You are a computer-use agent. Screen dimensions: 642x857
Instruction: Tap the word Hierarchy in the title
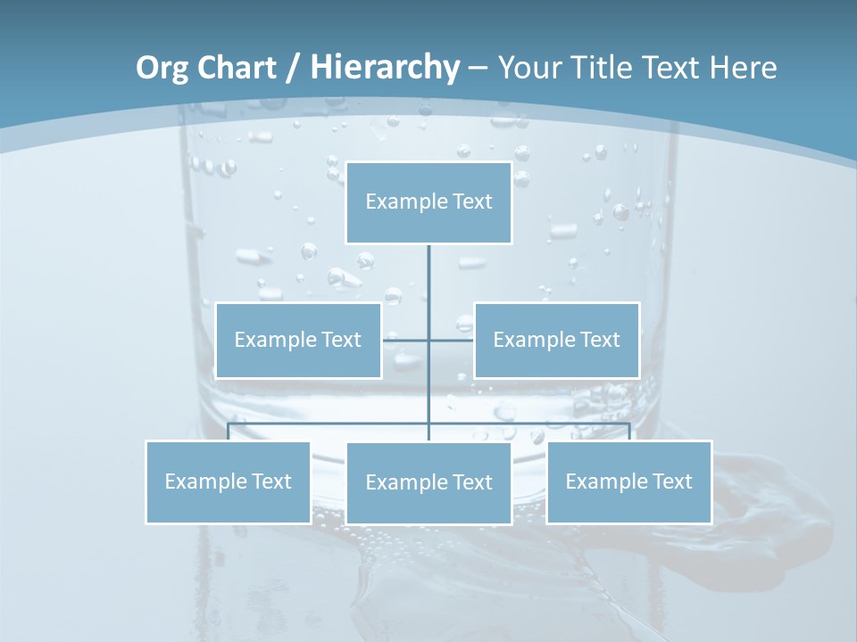coord(385,68)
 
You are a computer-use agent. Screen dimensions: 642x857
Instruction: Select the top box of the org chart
coord(428,202)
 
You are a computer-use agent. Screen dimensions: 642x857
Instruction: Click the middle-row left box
coord(298,341)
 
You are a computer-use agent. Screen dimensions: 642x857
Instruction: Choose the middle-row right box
coord(556,341)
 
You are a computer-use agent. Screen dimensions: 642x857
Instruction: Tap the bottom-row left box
coord(228,482)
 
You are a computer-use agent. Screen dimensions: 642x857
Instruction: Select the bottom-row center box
coord(428,482)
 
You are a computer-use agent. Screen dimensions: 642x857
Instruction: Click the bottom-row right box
coord(628,482)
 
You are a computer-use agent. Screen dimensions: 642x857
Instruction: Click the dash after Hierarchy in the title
coord(478,68)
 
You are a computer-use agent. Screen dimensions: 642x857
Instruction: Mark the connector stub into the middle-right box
coord(452,340)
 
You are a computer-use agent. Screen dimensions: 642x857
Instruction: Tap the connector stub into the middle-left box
coord(405,340)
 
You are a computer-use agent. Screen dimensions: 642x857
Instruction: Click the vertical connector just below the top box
coord(428,267)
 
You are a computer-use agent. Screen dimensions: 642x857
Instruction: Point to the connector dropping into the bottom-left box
coord(229,432)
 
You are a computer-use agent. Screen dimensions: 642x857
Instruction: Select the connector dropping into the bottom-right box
coord(629,432)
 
